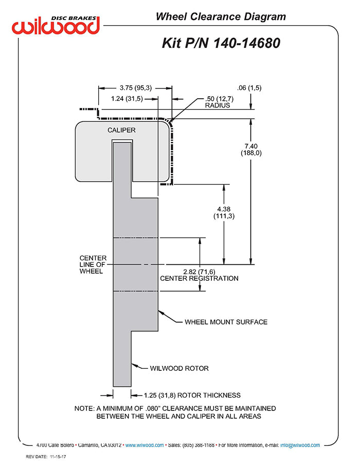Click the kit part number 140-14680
(247, 43)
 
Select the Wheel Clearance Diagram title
(221, 16)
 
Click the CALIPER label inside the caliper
(121, 130)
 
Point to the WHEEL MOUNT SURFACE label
(226, 322)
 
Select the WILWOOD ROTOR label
(179, 368)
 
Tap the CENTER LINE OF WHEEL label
(93, 264)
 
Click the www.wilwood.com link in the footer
(145, 445)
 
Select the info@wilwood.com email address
(300, 445)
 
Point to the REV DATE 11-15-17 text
(46, 457)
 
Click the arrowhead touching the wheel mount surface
(161, 313)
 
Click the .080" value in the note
(153, 408)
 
